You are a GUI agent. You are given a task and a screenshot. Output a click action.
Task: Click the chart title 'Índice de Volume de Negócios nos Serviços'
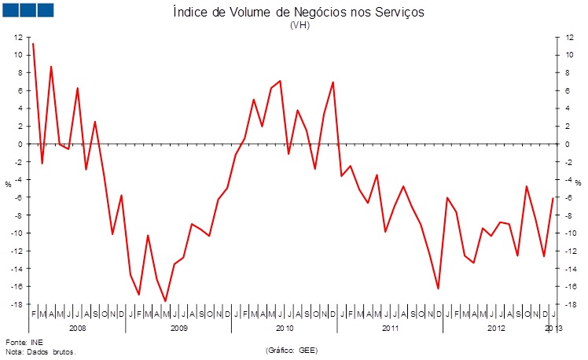pos(300,13)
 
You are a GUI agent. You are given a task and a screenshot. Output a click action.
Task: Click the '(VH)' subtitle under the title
pos(300,25)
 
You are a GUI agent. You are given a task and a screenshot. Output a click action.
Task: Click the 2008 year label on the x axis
pos(77,326)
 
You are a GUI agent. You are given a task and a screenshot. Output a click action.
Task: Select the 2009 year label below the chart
pos(178,326)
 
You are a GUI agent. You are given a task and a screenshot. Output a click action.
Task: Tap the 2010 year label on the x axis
pos(285,326)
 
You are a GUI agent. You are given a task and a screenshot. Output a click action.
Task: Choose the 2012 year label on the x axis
pos(497,326)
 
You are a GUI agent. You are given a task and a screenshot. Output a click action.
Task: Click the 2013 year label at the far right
pos(554,326)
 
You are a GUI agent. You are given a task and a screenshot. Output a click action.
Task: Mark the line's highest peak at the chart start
pos(32,44)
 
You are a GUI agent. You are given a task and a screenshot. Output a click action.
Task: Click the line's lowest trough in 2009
pos(165,301)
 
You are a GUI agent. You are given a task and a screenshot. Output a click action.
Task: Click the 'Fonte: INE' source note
pos(24,343)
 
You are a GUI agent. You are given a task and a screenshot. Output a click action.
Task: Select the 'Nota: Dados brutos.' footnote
pos(41,352)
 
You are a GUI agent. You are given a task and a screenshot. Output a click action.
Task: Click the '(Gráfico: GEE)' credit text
pos(292,350)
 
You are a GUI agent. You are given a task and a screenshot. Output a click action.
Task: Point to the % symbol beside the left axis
pos(8,184)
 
